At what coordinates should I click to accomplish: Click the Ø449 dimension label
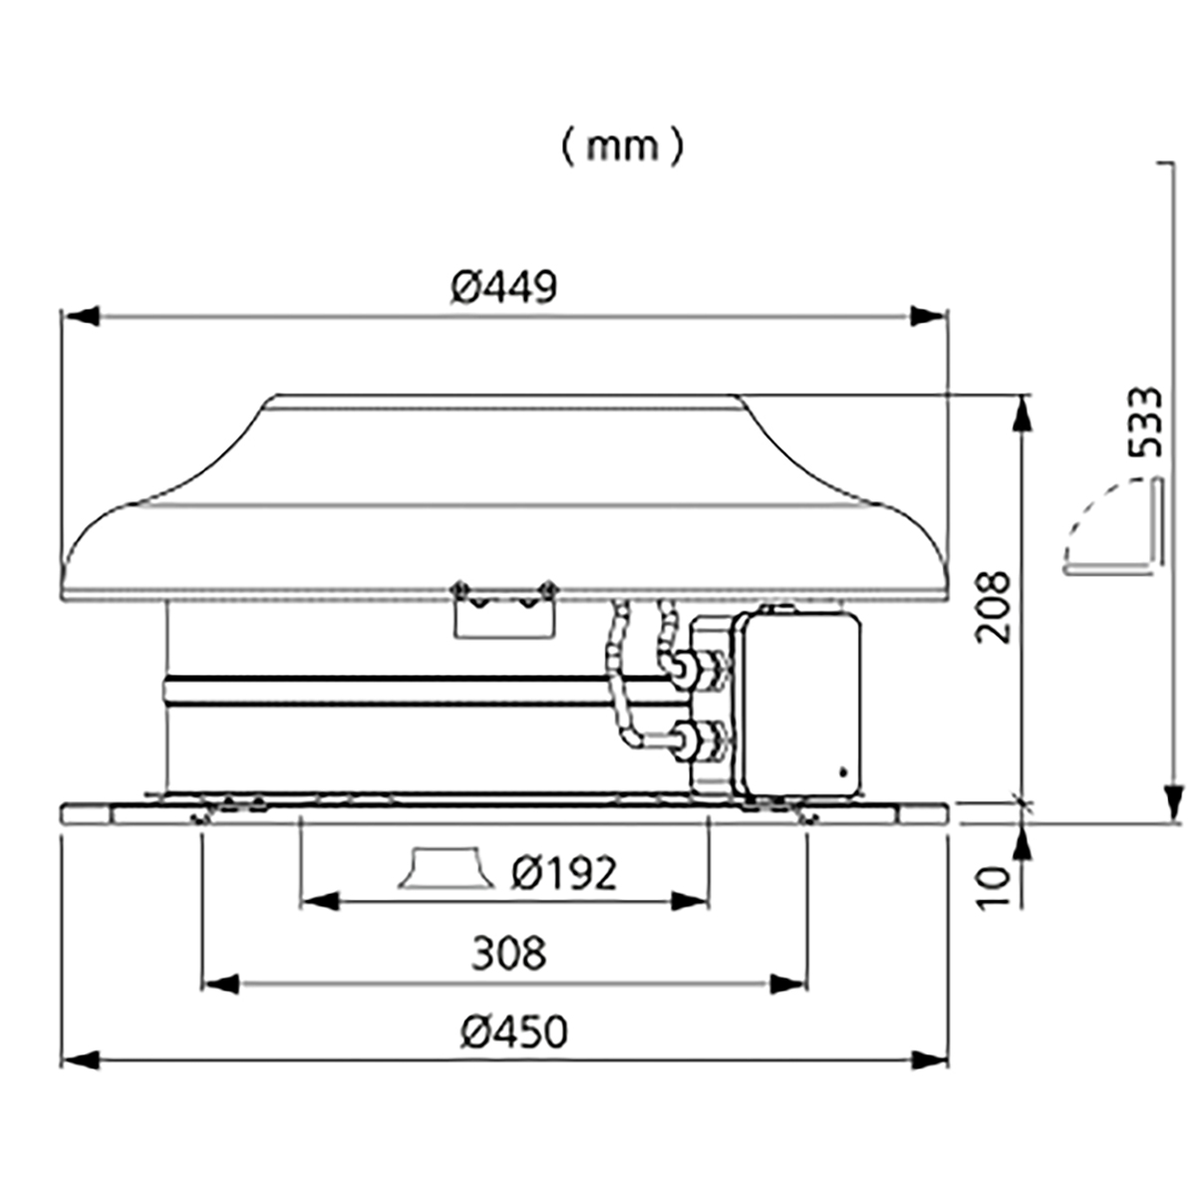pyautogui.click(x=504, y=287)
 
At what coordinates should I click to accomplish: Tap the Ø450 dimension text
pyautogui.click(x=514, y=1033)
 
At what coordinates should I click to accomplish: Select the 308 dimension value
pyautogui.click(x=509, y=954)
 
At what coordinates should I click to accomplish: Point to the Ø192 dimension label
pyautogui.click(x=564, y=874)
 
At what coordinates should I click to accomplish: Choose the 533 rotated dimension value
pyautogui.click(x=1144, y=423)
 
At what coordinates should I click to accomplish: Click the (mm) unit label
pyautogui.click(x=623, y=148)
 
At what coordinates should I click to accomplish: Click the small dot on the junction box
pyautogui.click(x=842, y=772)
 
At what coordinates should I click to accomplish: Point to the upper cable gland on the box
pyautogui.click(x=699, y=669)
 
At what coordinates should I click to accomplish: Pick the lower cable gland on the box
pyautogui.click(x=699, y=740)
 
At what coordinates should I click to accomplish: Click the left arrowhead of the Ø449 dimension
pyautogui.click(x=81, y=316)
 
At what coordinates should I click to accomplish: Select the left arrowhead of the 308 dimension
pyautogui.click(x=221, y=983)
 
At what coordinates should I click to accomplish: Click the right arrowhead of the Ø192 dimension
pyautogui.click(x=690, y=901)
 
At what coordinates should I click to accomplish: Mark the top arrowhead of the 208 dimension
pyautogui.click(x=1024, y=414)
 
